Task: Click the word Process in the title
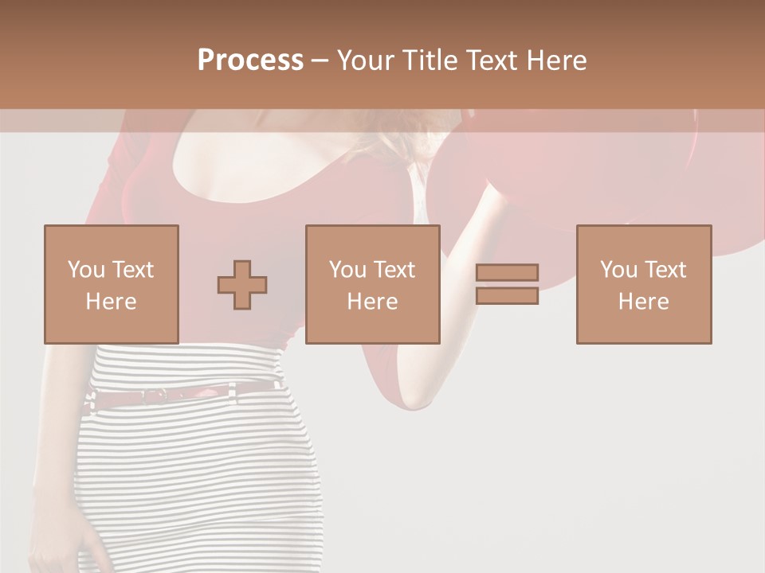pos(250,60)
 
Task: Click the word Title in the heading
pos(431,60)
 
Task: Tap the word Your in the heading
pos(367,60)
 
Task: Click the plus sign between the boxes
pos(242,285)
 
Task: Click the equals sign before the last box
pos(507,284)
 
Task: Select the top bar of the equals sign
pos(507,273)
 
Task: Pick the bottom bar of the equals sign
pos(507,296)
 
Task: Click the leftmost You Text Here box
pos(111,284)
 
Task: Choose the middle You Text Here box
pos(372,284)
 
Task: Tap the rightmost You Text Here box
pos(643,284)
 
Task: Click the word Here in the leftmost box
pos(111,302)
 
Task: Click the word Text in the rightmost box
pos(665,270)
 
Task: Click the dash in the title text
pos(320,60)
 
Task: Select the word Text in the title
pos(490,60)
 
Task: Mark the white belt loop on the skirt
pos(232,390)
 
